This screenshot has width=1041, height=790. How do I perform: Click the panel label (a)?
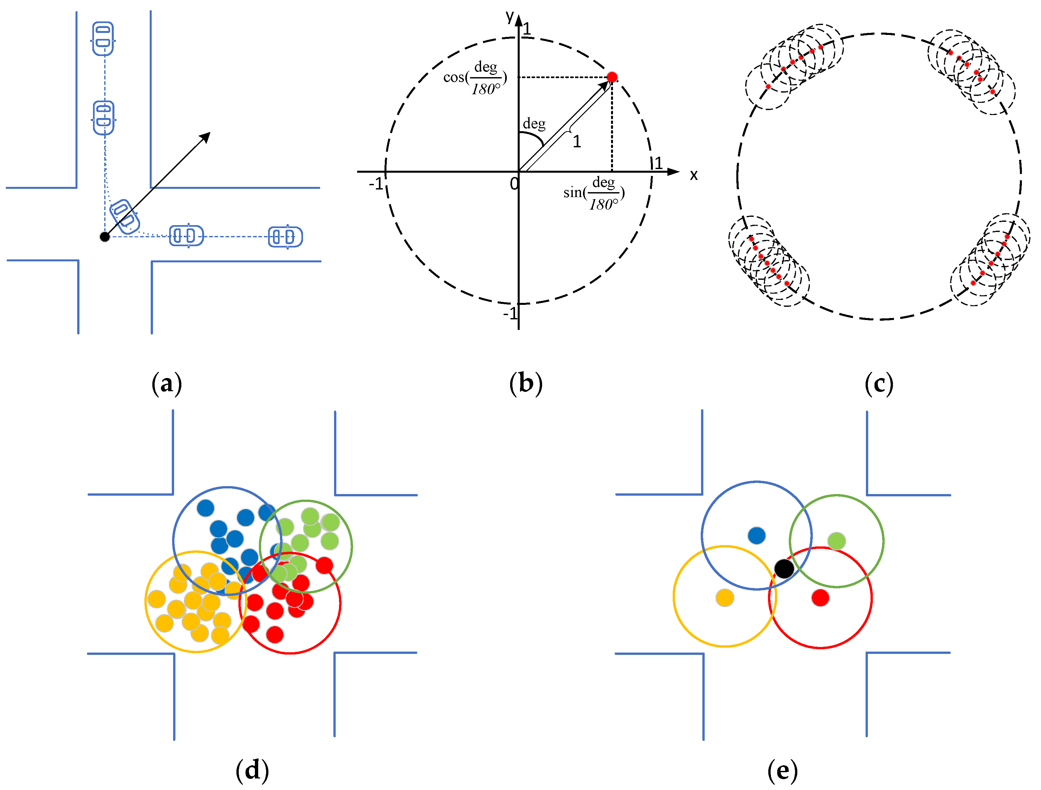pyautogui.click(x=167, y=384)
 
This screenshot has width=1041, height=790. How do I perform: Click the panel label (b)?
pyautogui.click(x=526, y=384)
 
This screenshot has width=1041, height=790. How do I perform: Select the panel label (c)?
pyautogui.click(x=879, y=384)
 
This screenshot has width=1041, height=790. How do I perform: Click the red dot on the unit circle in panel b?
pyautogui.click(x=612, y=77)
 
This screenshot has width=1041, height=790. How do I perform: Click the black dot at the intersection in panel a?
pyautogui.click(x=105, y=237)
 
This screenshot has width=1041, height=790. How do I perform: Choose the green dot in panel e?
pyautogui.click(x=836, y=541)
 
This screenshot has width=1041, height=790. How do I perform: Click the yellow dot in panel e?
pyautogui.click(x=725, y=598)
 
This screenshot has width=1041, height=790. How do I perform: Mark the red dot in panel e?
pyautogui.click(x=820, y=598)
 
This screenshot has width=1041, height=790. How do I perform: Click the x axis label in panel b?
pyautogui.click(x=693, y=175)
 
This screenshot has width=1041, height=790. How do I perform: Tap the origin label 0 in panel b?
pyautogui.click(x=514, y=184)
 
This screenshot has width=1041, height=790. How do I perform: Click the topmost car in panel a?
pyautogui.click(x=103, y=39)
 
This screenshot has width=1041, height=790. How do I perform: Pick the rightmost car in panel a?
pyautogui.click(x=285, y=237)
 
